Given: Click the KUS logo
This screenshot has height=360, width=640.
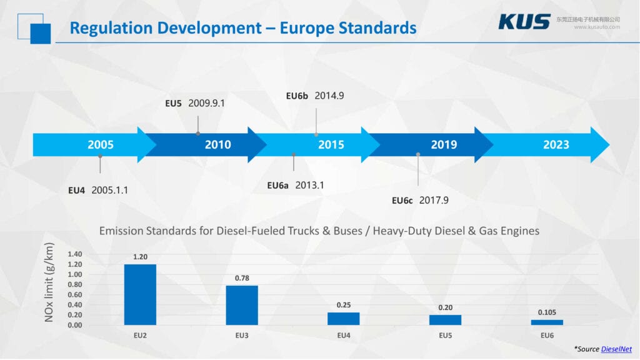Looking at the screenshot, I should [524, 22].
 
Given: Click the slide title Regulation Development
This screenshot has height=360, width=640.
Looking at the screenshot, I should [242, 28].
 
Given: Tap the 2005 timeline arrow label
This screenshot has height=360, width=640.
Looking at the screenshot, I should [101, 145].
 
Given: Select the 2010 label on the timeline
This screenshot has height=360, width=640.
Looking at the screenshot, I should [218, 145].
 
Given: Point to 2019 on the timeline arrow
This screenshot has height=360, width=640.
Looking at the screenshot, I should [444, 145].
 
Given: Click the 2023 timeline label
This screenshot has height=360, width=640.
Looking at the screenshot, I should [556, 145].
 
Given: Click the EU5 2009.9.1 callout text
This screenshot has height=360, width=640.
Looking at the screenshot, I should [194, 103].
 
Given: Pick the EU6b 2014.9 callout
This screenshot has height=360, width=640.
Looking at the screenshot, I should [315, 96].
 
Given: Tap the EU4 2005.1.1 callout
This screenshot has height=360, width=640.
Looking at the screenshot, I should [98, 190].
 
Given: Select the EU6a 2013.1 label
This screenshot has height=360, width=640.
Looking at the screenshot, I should [296, 185].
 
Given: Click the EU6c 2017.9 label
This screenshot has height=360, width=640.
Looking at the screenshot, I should [420, 201].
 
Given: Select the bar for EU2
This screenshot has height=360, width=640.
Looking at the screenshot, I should [140, 294].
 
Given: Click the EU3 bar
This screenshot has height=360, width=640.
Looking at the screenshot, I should [242, 305].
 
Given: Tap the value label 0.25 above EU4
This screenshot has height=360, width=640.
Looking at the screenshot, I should [344, 305].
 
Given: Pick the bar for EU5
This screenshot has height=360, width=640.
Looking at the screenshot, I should [445, 319].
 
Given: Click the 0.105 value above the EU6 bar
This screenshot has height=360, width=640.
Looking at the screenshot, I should [547, 312].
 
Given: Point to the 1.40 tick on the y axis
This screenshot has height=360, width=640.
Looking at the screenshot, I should [74, 254].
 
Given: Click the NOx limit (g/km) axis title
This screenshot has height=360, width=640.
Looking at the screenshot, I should [49, 282].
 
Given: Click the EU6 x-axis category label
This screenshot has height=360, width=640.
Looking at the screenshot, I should [547, 336].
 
